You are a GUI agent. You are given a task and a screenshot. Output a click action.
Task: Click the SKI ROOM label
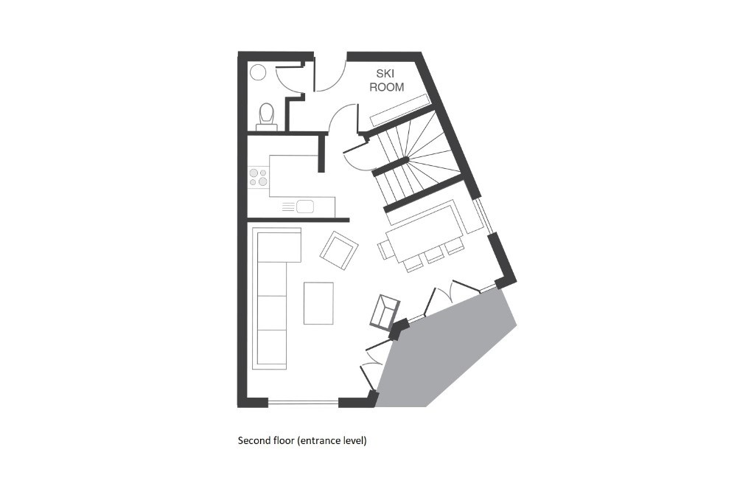(x=386, y=80)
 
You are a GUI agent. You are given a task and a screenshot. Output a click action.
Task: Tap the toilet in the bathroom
(x=267, y=117)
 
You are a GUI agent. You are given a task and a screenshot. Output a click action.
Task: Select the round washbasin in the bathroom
(x=258, y=72)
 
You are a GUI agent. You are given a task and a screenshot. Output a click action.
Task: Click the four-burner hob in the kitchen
(x=259, y=177)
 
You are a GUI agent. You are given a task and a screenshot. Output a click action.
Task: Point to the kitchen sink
(x=304, y=206)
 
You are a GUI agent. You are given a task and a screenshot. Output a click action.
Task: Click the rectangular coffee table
(x=318, y=303)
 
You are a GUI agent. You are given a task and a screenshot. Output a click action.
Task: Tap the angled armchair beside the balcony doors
(x=385, y=312)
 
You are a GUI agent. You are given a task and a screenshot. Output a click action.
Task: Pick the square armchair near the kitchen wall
(x=339, y=250)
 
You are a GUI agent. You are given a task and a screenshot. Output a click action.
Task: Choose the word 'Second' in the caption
(x=253, y=440)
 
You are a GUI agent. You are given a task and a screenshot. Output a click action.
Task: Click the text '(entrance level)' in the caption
(x=332, y=440)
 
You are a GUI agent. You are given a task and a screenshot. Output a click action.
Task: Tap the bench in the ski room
(x=399, y=110)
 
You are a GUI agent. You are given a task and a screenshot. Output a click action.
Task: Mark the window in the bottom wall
(x=303, y=402)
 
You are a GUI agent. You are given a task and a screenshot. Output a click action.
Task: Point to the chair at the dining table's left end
(x=385, y=249)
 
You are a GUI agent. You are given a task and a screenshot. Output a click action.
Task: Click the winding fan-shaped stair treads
(x=427, y=150)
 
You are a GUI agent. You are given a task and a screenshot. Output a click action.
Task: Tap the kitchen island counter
(x=293, y=176)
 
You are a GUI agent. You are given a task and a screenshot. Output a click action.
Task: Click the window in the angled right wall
(x=483, y=215)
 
